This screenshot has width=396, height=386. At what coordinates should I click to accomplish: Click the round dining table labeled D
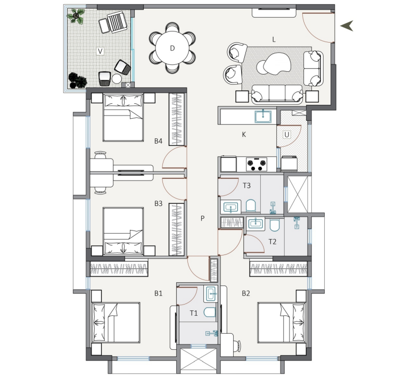click(172, 48)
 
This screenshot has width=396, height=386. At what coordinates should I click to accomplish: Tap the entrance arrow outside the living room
click(346, 26)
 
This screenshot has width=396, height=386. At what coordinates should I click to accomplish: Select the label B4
click(159, 141)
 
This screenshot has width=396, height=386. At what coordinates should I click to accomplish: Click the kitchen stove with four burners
click(257, 164)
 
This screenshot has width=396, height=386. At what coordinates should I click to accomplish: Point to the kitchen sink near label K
click(263, 117)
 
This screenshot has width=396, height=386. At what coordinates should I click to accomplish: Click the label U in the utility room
click(287, 135)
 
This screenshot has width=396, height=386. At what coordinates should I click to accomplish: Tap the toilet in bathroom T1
click(210, 313)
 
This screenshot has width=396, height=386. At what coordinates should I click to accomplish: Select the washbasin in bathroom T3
click(231, 207)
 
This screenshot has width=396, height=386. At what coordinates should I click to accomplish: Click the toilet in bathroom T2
click(275, 225)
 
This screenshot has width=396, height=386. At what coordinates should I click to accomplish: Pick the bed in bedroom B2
click(282, 323)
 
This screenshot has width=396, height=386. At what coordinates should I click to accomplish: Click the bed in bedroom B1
click(116, 323)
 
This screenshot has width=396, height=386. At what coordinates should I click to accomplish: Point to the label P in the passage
click(203, 218)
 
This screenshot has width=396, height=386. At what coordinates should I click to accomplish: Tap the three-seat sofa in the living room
click(277, 94)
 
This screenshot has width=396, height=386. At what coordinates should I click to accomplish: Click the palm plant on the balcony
click(76, 16)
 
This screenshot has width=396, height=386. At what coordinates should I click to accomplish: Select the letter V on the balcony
click(100, 51)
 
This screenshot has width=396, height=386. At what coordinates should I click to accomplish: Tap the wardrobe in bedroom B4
click(177, 119)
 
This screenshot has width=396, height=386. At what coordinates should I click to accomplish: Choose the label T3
click(247, 186)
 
